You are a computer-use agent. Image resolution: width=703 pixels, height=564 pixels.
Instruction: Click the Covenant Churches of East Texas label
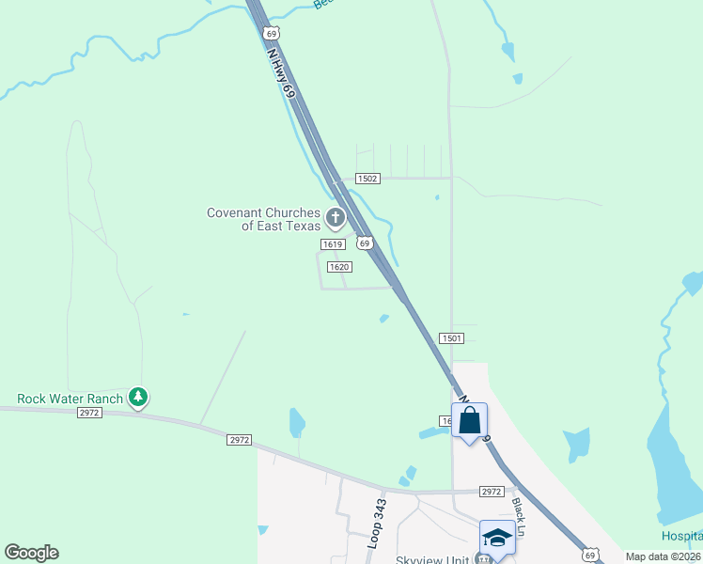[x=263, y=219]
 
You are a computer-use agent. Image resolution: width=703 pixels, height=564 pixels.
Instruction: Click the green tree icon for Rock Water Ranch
[x=138, y=398]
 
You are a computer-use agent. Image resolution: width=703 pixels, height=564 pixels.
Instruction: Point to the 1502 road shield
[x=367, y=179]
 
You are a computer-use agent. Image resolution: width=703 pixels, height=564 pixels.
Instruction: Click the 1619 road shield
[x=331, y=244]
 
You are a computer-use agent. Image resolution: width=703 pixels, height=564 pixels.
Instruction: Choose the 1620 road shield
[x=339, y=267]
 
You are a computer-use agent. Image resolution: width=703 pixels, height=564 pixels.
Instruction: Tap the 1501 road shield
[x=450, y=337]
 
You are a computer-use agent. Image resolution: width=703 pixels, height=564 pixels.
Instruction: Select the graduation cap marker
[x=497, y=537]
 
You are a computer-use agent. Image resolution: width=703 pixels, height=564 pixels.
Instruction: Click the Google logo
[x=31, y=553]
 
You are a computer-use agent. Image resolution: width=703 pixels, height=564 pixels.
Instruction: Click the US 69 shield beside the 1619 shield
[x=364, y=243]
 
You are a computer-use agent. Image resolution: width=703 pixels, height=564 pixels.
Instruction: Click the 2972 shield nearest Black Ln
[x=492, y=492]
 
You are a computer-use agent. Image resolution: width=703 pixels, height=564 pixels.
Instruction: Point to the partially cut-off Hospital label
[x=682, y=535]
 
